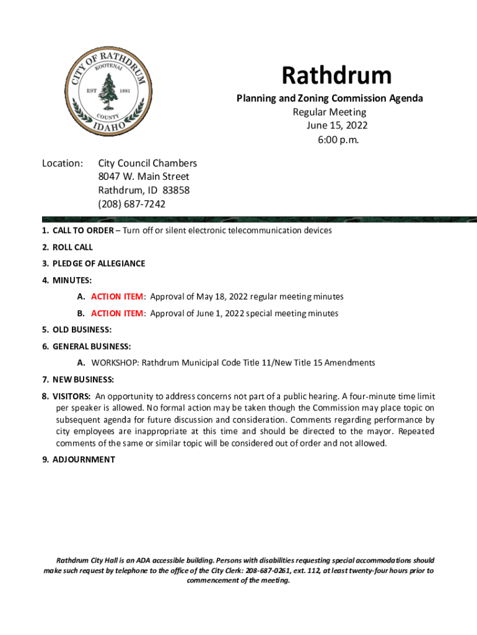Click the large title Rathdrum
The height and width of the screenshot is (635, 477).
(x=337, y=76)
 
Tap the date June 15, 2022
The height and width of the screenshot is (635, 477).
(x=337, y=126)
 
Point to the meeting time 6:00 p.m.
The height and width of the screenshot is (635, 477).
(x=337, y=140)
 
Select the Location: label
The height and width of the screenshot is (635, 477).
(x=63, y=163)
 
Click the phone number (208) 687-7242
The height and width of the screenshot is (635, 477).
(x=131, y=204)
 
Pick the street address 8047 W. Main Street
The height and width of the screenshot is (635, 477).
(x=144, y=177)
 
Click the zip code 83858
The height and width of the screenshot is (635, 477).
(x=176, y=190)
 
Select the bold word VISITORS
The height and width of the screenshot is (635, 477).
(x=71, y=396)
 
